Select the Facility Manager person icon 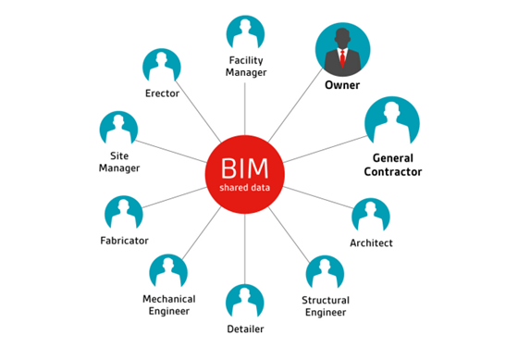[x=248, y=33]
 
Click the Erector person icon [x=162, y=68]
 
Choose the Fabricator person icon [x=123, y=214]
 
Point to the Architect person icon [x=371, y=216]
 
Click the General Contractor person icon [x=391, y=122]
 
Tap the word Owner [x=341, y=86]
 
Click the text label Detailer [x=245, y=329]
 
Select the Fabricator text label [x=123, y=241]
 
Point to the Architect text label [x=371, y=243]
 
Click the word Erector [x=162, y=93]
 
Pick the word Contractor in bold [x=391, y=171]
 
